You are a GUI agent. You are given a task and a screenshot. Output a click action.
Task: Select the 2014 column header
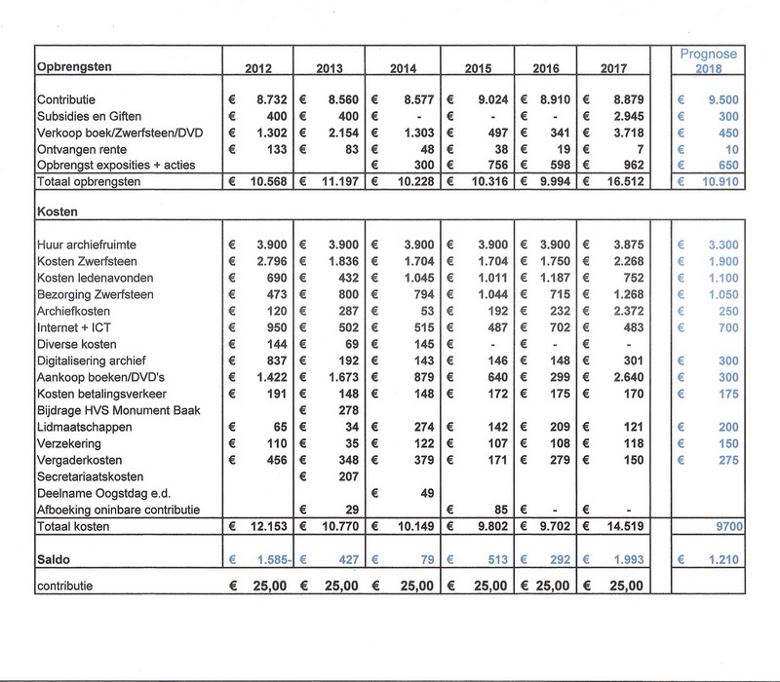tap(405, 70)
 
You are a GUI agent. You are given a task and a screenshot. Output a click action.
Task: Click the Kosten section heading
tap(56, 209)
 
